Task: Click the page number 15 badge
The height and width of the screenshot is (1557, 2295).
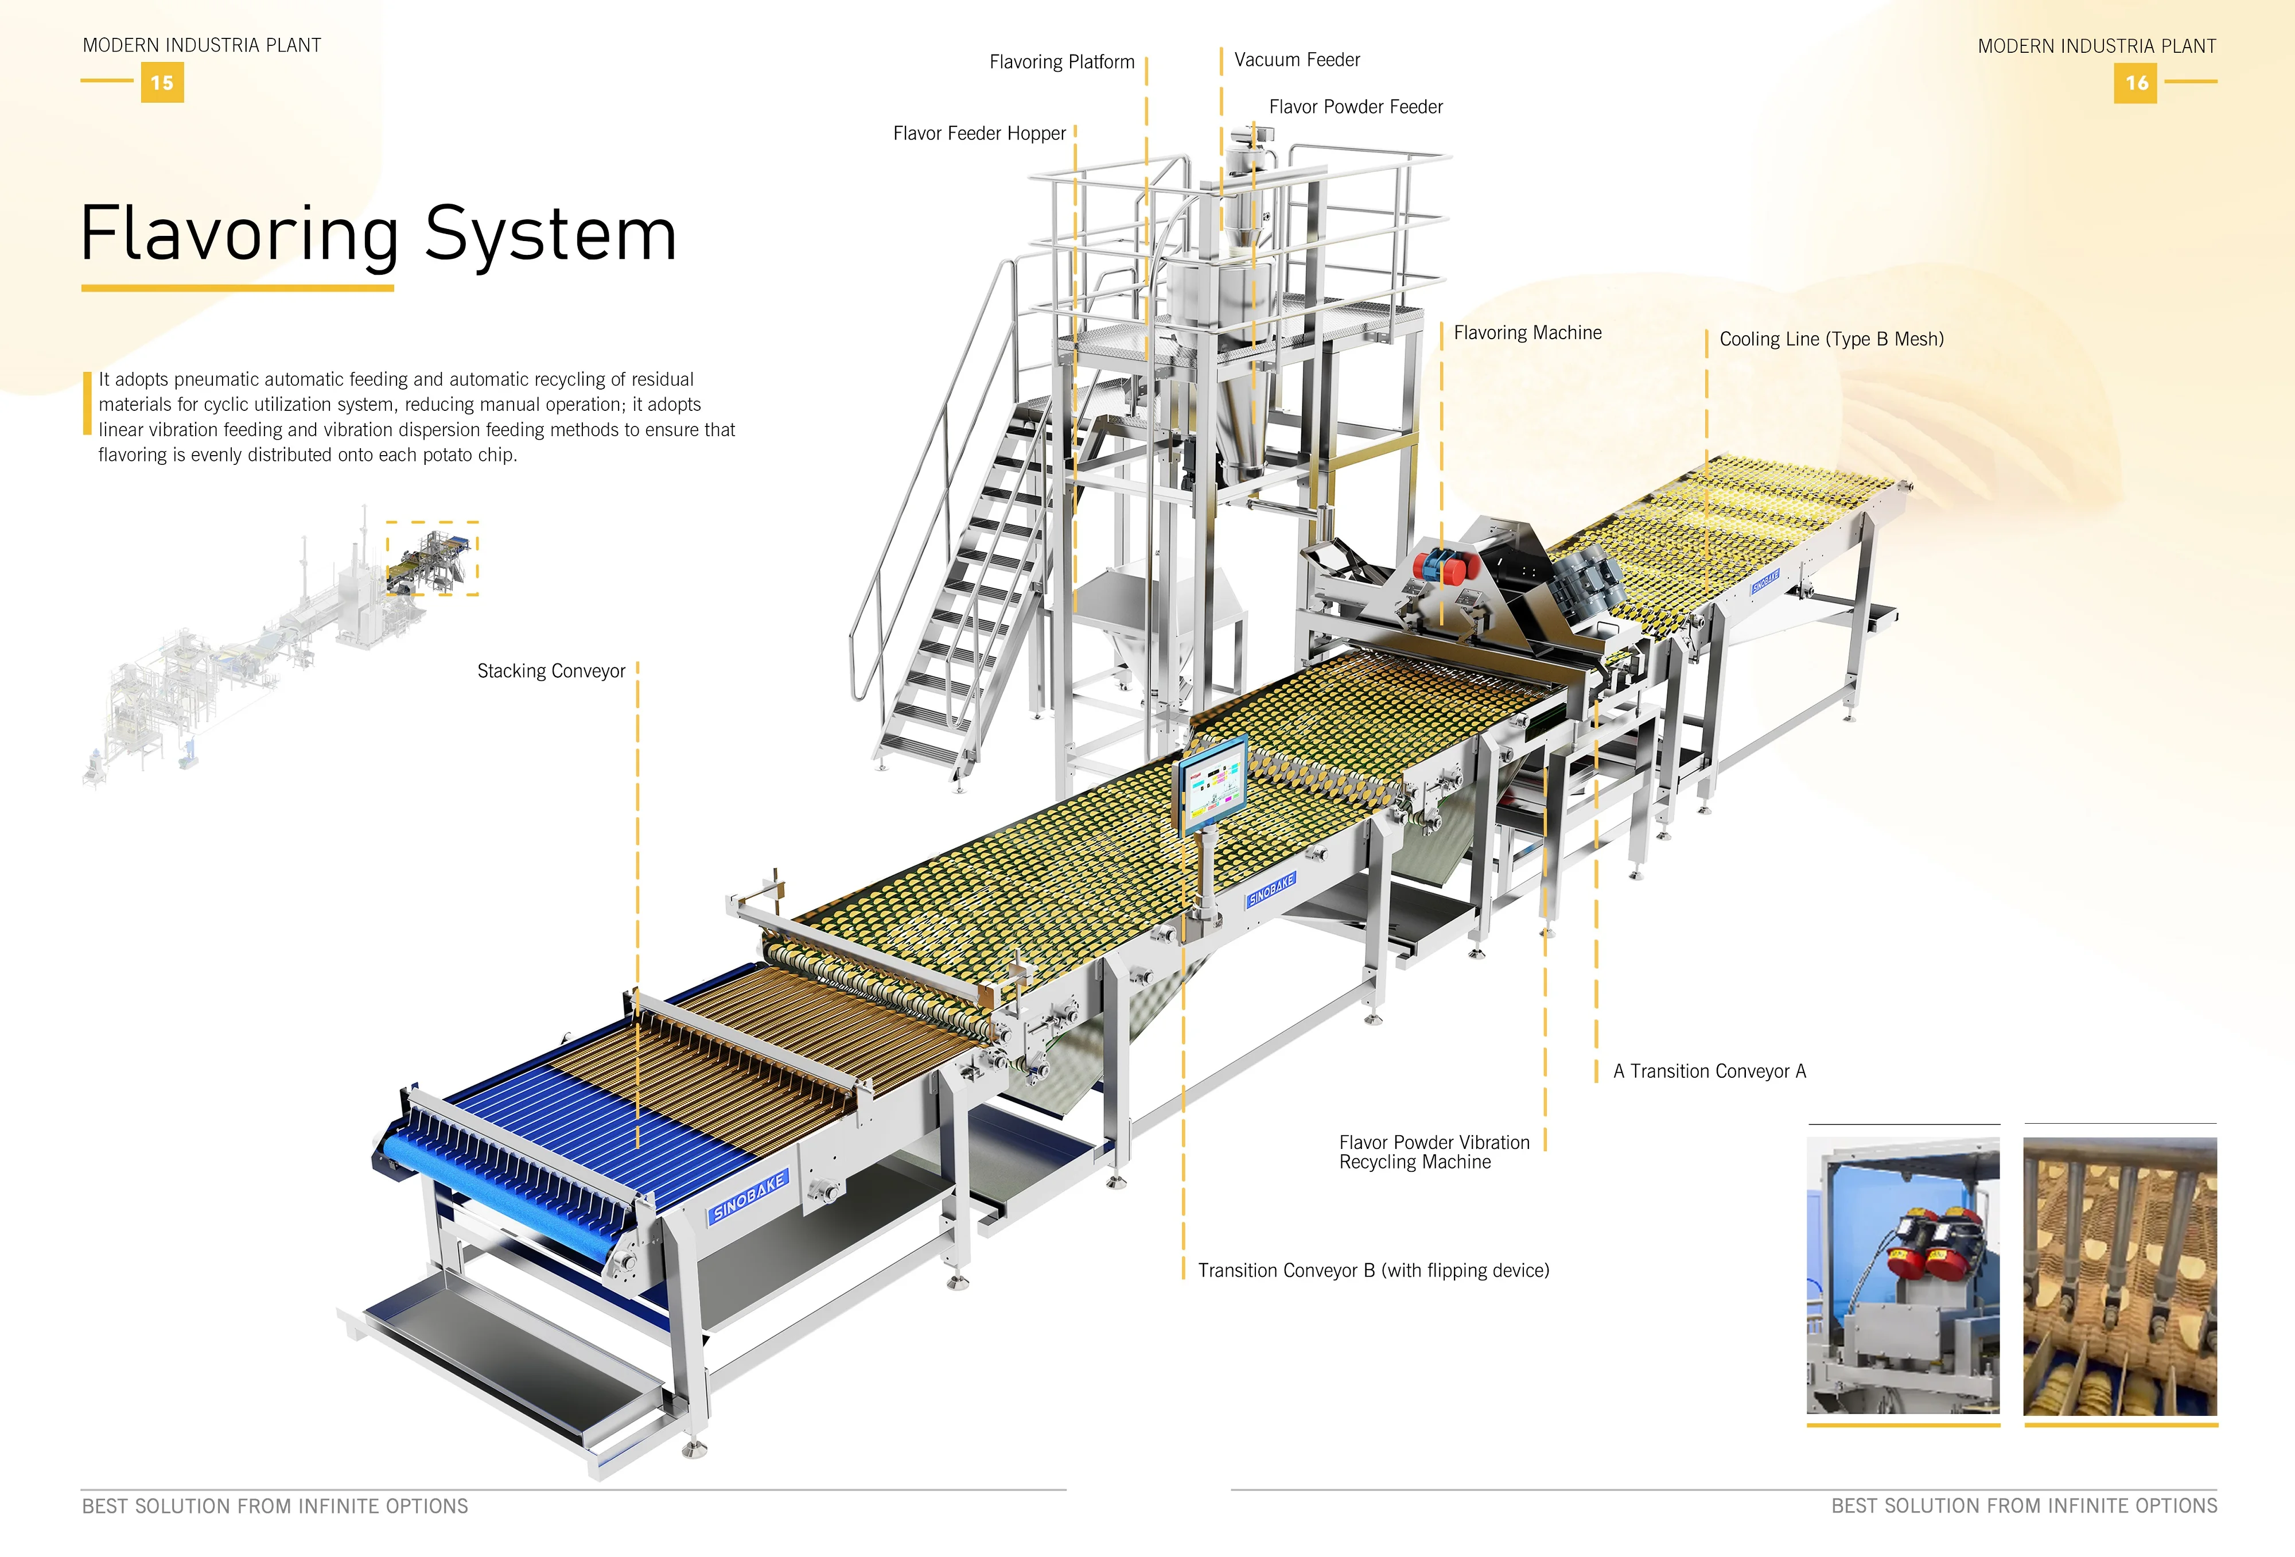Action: point(162,83)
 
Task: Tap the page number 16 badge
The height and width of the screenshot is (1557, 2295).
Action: point(2135,83)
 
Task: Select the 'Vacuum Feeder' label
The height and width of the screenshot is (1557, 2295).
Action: point(1297,60)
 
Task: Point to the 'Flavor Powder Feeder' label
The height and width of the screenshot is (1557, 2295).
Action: point(1355,107)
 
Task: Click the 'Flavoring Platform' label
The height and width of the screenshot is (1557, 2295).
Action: point(1061,62)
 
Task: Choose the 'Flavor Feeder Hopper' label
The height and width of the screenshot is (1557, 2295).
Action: point(979,133)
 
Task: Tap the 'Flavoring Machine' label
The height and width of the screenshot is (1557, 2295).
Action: point(1527,333)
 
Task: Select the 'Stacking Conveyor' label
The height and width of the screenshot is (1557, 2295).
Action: point(551,671)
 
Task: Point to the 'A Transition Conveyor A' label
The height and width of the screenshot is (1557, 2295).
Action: point(1709,1071)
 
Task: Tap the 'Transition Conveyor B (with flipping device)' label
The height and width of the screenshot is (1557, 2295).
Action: point(1372,1271)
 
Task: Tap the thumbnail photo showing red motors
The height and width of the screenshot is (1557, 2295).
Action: point(1903,1275)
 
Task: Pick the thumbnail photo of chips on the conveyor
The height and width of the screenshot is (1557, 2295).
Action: point(2120,1275)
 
